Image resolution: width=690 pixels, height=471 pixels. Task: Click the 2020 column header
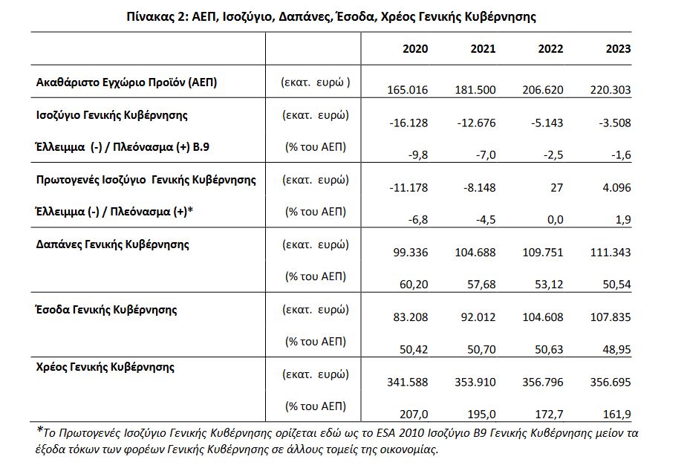tap(415, 49)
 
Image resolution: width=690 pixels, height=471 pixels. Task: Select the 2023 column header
tap(618, 49)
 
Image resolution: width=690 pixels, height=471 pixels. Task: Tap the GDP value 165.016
tap(408, 91)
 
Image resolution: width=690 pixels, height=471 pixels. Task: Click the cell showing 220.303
tap(611, 91)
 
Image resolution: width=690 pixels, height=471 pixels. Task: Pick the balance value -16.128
tap(408, 123)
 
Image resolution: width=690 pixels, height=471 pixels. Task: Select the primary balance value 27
tap(556, 188)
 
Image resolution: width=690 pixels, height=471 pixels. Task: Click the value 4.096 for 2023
tap(616, 188)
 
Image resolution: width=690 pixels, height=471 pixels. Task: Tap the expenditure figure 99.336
tap(411, 253)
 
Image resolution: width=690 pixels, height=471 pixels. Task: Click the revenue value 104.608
tap(543, 317)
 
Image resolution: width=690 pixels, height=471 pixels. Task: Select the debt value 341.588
tap(408, 382)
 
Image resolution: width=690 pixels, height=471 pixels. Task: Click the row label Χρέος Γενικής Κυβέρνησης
tap(105, 366)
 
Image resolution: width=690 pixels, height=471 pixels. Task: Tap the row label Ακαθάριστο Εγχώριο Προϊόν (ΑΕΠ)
tap(126, 82)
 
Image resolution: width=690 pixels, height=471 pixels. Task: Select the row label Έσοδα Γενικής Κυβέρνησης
tap(106, 309)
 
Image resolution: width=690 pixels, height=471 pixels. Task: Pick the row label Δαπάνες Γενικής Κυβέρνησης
tap(112, 244)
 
